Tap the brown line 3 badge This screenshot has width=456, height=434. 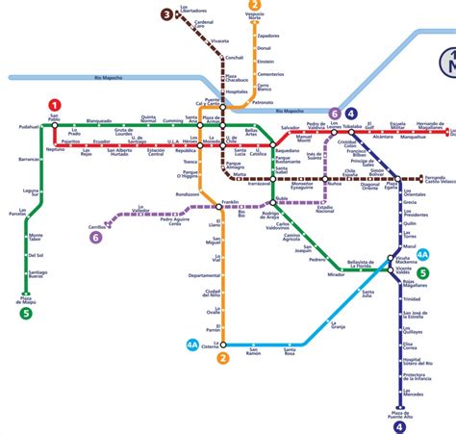click(x=167, y=13)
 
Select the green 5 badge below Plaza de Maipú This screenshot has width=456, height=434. click(x=26, y=312)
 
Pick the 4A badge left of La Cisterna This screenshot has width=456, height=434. click(x=193, y=344)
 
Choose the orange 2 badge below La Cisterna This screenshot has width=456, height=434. click(x=223, y=359)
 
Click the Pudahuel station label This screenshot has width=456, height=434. click(x=28, y=126)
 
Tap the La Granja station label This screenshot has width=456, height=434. click(x=337, y=327)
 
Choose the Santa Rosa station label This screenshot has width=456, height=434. click(x=290, y=353)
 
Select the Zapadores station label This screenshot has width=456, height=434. click(x=268, y=36)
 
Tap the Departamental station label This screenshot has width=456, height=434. click(x=205, y=275)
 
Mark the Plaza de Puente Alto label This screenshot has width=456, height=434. click(x=401, y=415)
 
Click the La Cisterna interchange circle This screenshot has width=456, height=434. click(x=222, y=344)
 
